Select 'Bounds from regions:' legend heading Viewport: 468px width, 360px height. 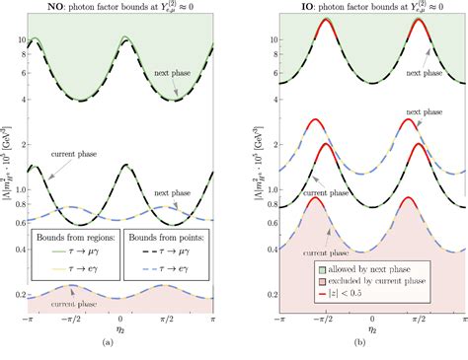click(x=81, y=239)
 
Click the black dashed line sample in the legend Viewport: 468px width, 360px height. click(x=133, y=254)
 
